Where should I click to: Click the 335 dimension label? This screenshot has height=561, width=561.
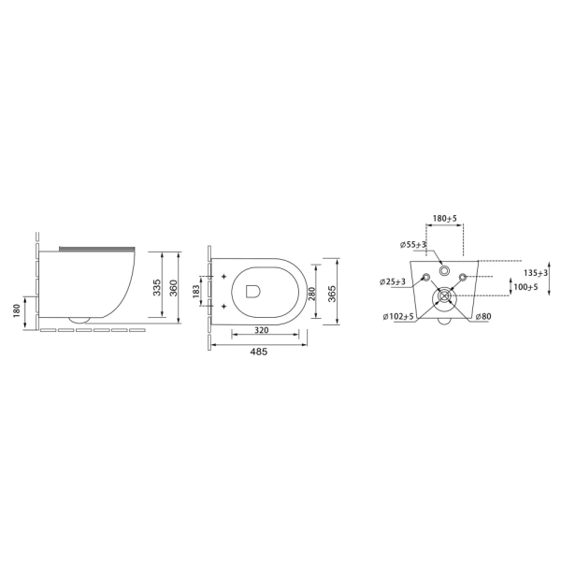click(x=157, y=287)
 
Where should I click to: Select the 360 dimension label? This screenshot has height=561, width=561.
click(x=173, y=287)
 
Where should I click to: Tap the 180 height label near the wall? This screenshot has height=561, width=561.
click(x=17, y=311)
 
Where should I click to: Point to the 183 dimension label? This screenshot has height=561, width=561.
click(x=195, y=292)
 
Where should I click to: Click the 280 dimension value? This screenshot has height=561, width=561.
click(x=312, y=294)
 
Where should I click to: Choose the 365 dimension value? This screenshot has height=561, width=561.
click(x=332, y=294)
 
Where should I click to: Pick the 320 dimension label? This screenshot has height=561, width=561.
click(x=262, y=330)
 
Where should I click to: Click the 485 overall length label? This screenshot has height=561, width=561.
click(x=259, y=352)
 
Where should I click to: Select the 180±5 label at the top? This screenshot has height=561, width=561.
click(x=445, y=218)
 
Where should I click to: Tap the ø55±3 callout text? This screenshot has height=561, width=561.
click(x=413, y=245)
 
